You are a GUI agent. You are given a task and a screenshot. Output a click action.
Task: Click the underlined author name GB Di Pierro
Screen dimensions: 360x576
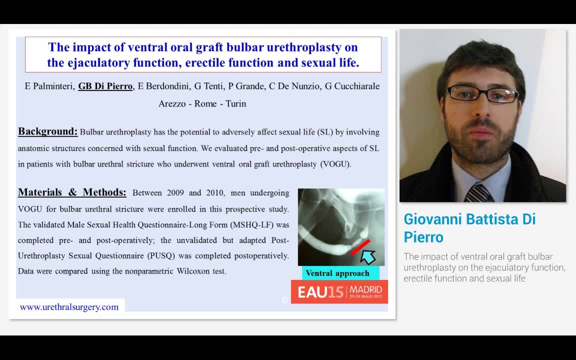105,86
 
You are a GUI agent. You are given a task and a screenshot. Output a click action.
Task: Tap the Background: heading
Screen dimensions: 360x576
48,131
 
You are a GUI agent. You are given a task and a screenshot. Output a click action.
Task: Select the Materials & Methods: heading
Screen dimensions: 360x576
72,192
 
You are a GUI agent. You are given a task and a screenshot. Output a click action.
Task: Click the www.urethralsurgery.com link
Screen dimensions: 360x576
69,307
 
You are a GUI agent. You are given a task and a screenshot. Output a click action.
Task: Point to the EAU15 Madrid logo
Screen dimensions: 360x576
339,291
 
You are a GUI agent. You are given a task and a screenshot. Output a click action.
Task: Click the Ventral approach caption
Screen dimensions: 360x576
337,273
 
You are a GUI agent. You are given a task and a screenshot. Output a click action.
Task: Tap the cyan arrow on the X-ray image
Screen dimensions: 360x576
368,257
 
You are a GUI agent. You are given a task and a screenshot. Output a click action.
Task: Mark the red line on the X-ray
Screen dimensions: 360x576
360,247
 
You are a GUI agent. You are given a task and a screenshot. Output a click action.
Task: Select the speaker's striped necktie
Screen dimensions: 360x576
478,193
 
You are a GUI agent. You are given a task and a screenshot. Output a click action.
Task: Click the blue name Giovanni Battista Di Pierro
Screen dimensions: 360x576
469,227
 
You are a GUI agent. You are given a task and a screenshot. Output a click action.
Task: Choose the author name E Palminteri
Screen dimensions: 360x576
49,86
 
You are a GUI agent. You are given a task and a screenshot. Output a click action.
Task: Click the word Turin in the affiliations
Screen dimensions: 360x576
236,103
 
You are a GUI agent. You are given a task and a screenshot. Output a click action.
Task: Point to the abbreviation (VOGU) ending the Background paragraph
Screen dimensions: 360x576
335,164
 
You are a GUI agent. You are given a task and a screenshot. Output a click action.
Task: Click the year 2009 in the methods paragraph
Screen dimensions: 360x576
175,192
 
